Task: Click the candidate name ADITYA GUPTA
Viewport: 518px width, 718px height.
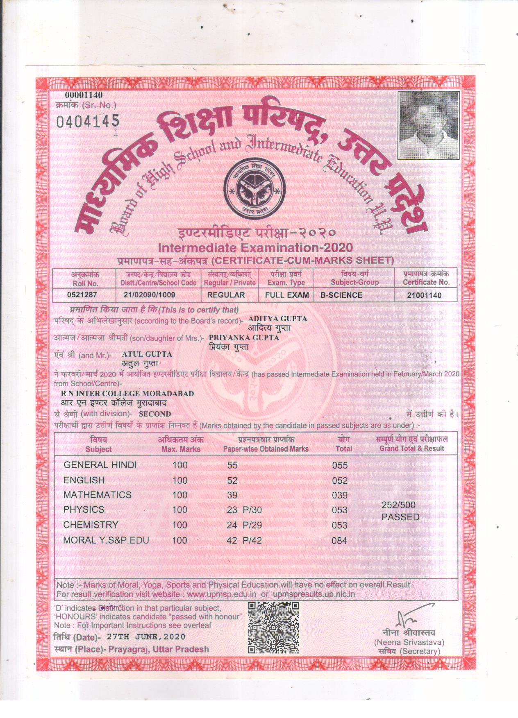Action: (278, 318)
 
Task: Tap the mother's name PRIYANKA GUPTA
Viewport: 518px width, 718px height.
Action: (244, 337)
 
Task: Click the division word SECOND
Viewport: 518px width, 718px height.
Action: (155, 414)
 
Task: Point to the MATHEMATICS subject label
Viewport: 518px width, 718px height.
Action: (98, 495)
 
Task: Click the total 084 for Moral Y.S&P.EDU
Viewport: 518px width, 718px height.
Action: (340, 541)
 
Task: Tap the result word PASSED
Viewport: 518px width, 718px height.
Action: (400, 517)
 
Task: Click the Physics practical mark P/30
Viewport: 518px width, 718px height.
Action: (252, 510)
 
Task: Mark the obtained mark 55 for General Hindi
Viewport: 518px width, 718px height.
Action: (232, 465)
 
